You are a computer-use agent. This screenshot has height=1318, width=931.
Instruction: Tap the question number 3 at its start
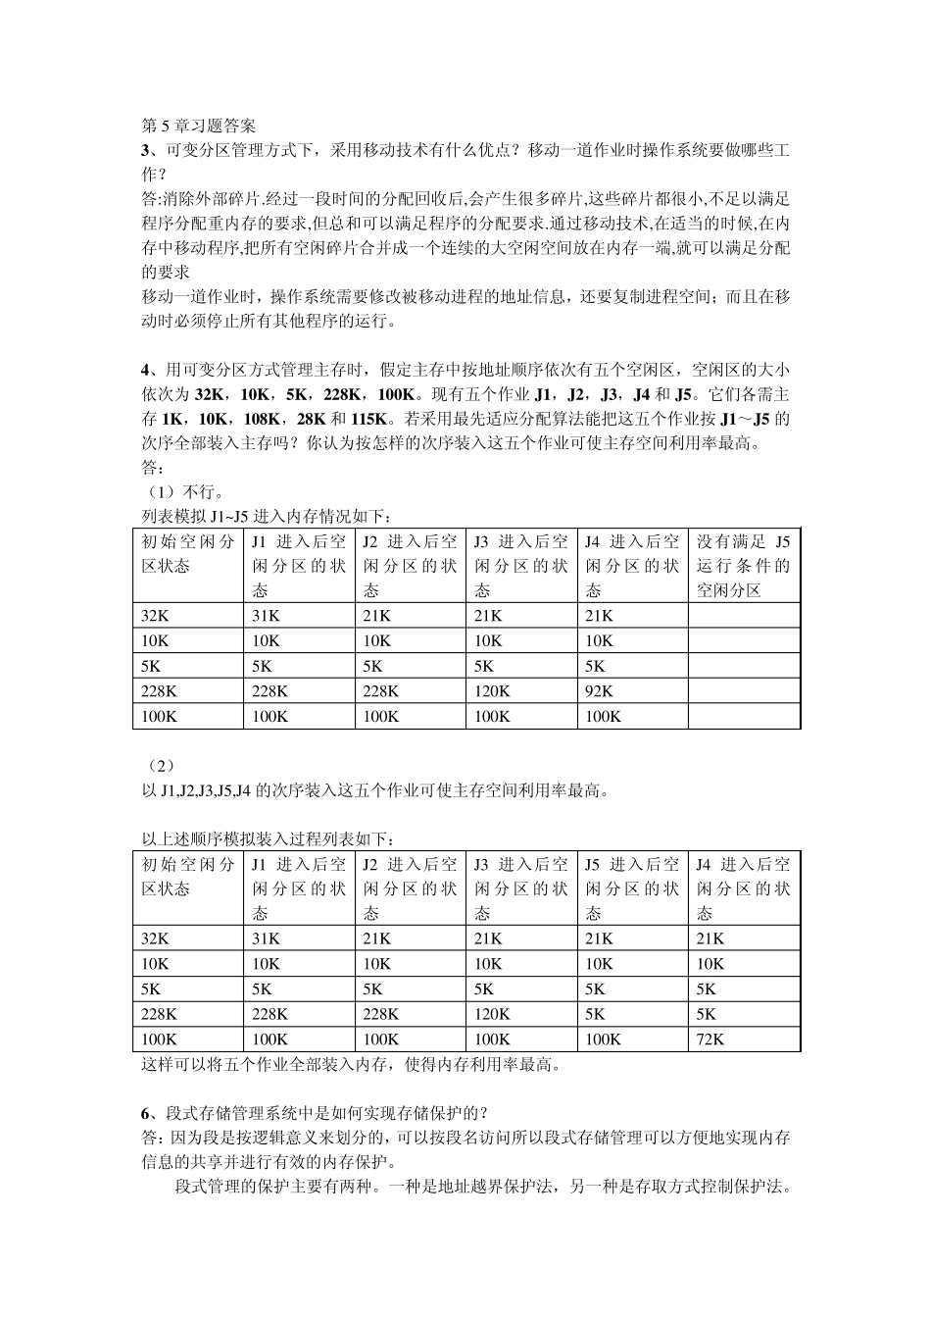pos(146,150)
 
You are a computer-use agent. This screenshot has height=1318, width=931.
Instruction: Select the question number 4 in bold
pos(146,370)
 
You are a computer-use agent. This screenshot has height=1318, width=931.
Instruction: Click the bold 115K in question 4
pos(368,419)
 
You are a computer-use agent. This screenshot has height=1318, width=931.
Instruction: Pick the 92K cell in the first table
pos(599,690)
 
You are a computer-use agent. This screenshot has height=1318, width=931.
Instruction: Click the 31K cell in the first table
pos(266,616)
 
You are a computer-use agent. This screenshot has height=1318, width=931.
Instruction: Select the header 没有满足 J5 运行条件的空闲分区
pos(743,566)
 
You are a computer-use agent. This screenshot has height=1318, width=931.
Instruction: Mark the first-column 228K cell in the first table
pos(159,690)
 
